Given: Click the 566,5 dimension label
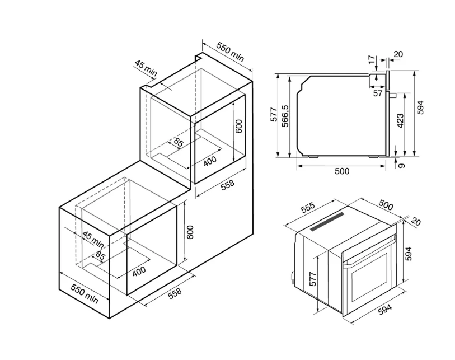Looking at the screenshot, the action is click(x=285, y=115).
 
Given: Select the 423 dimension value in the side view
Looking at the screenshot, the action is click(x=400, y=121).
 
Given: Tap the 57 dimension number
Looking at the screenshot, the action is click(x=378, y=93).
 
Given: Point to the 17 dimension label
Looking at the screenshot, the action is click(x=372, y=59).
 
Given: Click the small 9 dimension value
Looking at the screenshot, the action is click(x=401, y=166).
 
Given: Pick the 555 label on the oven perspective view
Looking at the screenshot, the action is click(x=308, y=208).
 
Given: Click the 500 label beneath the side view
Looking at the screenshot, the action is click(x=342, y=171).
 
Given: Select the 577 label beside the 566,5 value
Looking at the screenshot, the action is click(x=274, y=114).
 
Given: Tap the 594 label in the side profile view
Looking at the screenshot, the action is click(x=420, y=107).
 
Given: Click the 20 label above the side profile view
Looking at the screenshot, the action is click(x=398, y=54).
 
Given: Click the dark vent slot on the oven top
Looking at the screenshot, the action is click(x=327, y=221).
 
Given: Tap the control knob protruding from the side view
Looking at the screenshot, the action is click(x=393, y=95).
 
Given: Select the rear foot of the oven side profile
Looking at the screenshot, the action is click(x=313, y=156).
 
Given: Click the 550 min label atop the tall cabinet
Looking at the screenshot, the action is click(x=231, y=53).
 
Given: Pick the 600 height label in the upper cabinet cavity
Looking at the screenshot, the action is click(x=238, y=126).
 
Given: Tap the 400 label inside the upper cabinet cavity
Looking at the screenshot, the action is click(x=210, y=161).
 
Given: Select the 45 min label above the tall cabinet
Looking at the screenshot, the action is click(x=146, y=68).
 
